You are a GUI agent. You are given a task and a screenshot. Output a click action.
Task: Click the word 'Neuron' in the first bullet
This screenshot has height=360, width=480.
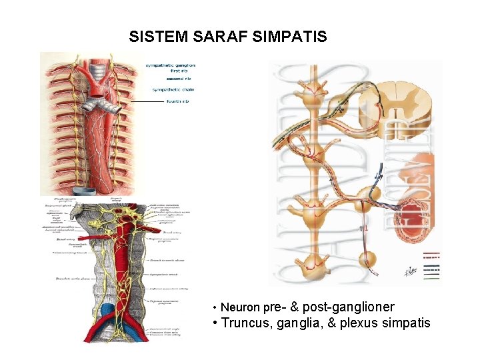240,308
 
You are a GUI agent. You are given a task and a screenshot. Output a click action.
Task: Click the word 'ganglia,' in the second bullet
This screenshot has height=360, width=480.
303,323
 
